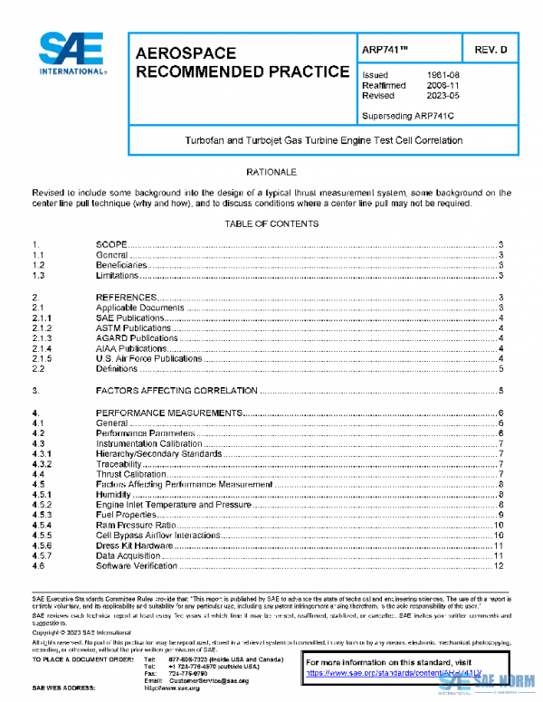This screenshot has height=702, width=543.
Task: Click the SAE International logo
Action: coord(71,53)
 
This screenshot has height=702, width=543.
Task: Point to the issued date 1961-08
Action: coord(443,74)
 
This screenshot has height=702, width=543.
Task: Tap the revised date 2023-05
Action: coord(443,95)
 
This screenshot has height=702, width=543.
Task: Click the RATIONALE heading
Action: coord(271,171)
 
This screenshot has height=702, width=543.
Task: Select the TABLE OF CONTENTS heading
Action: coord(271,223)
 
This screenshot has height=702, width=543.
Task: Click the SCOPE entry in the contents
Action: coord(111,245)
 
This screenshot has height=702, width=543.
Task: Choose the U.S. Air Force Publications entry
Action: coord(148,359)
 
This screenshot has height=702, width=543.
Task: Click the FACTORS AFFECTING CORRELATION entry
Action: coord(177,391)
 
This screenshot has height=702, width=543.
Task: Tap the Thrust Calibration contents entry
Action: coord(131,474)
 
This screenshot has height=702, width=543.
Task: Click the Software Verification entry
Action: coord(137,566)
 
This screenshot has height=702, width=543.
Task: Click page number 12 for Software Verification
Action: coord(498,566)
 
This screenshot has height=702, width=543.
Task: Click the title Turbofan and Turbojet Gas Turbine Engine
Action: coord(323,140)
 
